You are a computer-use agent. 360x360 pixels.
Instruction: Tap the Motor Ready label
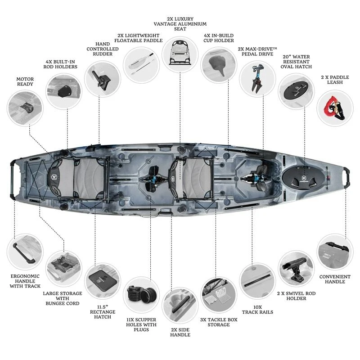(x=25, y=82)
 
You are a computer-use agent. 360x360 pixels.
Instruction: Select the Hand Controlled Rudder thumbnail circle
(x=103, y=78)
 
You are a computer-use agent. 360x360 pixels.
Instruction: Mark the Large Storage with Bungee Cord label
(x=63, y=298)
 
